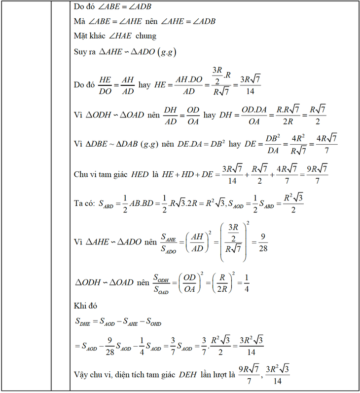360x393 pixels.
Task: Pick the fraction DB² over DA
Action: (x=273, y=144)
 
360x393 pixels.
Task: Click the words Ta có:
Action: (x=84, y=203)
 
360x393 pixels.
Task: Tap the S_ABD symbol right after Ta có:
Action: (x=106, y=204)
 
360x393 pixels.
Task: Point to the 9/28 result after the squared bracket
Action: (x=263, y=243)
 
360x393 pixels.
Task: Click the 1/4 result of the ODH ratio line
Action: (x=246, y=283)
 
